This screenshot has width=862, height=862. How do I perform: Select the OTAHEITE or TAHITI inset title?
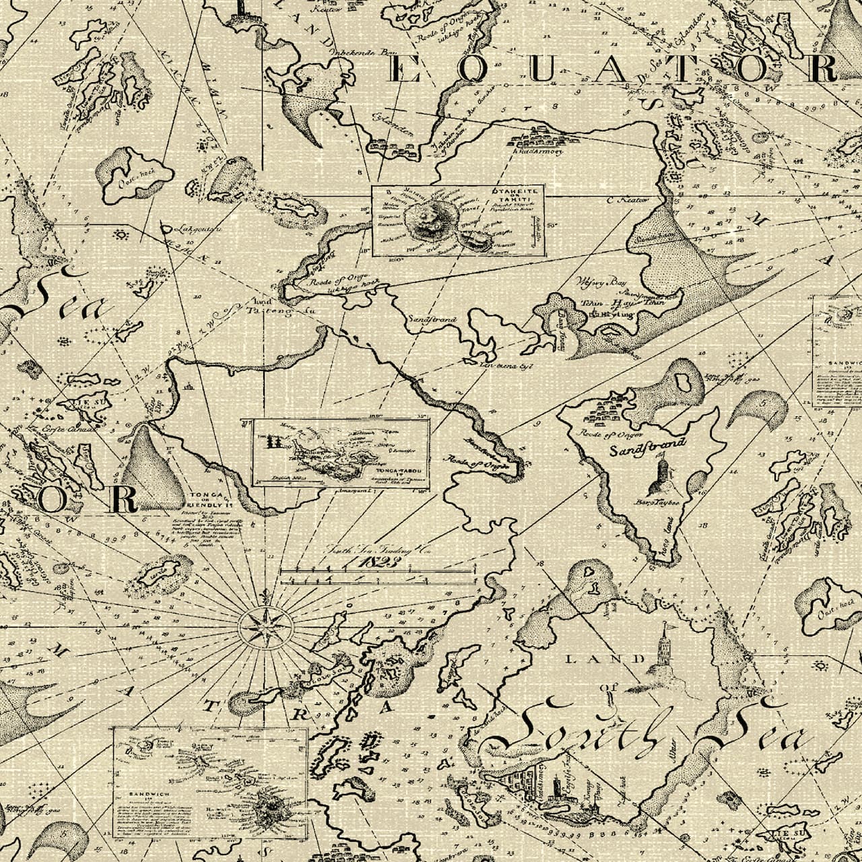(517, 195)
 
